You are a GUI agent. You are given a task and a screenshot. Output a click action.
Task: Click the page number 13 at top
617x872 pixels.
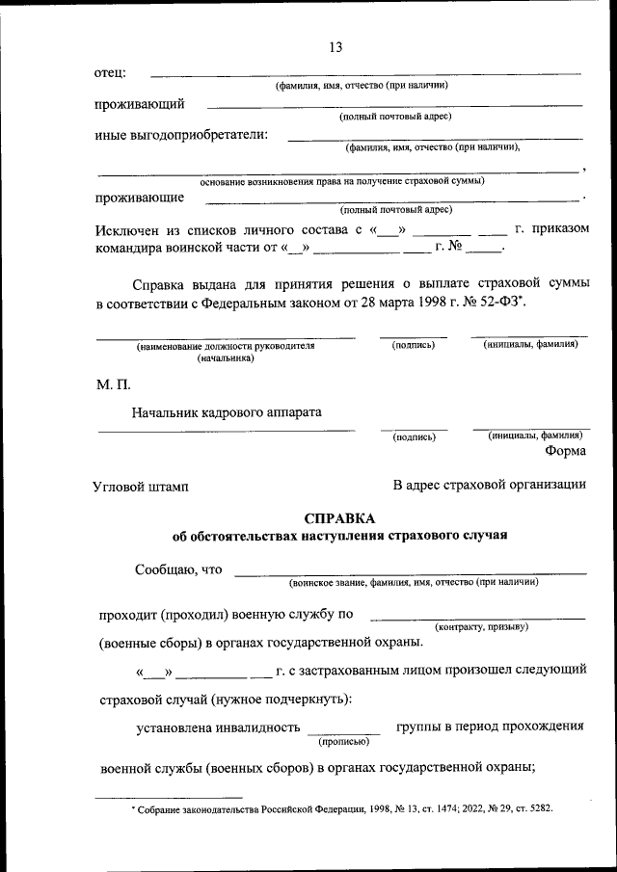click(335, 47)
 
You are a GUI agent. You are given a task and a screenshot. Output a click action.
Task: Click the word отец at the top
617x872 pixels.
click(109, 73)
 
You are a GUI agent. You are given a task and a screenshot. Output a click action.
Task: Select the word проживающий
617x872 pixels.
click(139, 104)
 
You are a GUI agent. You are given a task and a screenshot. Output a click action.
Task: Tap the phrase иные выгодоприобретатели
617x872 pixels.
click(181, 135)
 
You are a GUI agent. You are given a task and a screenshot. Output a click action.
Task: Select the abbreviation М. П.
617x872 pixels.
click(112, 385)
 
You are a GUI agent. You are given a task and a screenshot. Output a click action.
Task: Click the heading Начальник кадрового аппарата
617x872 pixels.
click(227, 412)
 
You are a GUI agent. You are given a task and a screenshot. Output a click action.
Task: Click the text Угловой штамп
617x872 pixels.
click(141, 487)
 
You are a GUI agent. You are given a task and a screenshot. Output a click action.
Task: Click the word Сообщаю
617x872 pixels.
click(161, 569)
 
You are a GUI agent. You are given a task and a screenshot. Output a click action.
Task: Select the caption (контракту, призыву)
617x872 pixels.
click(481, 627)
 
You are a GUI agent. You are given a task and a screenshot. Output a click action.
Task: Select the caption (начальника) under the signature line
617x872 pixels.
click(226, 357)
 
